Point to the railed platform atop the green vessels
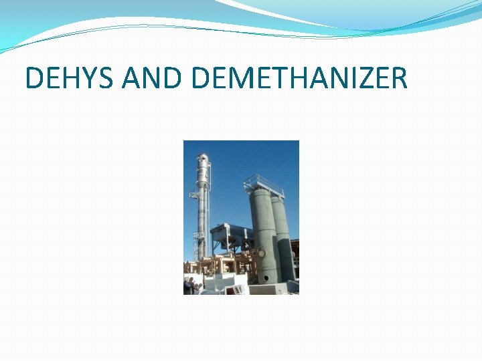(263, 183)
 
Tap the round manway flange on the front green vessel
(262, 253)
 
